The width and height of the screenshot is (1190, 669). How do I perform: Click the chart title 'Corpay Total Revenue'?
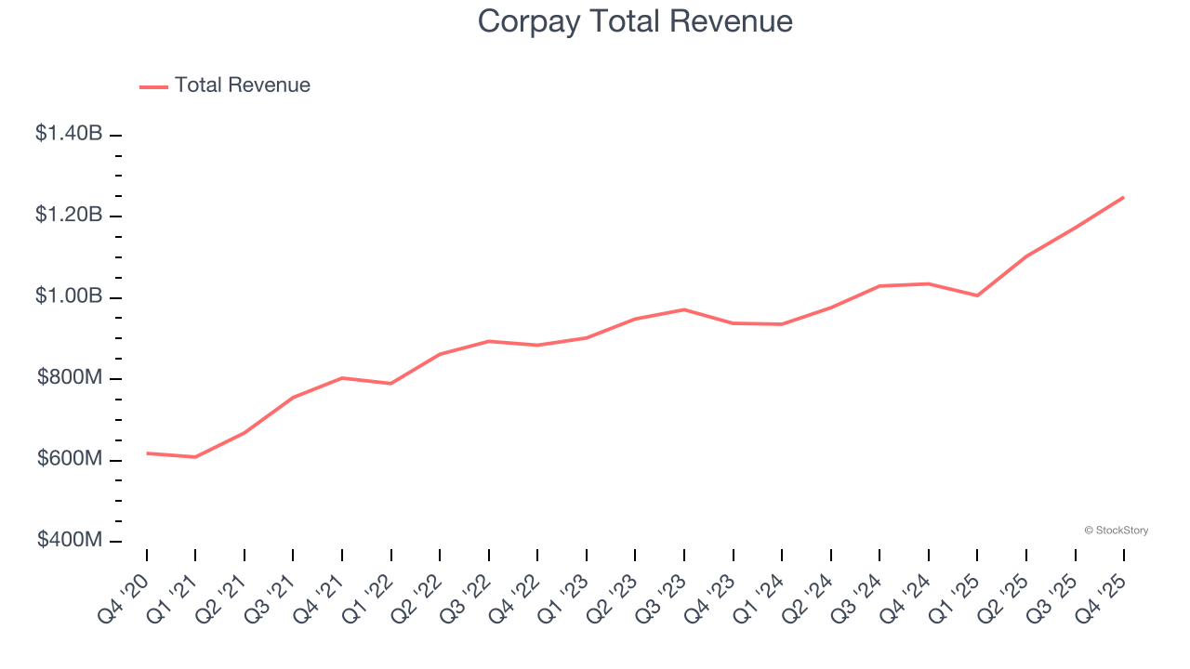point(635,21)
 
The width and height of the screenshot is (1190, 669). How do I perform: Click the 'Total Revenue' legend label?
point(242,85)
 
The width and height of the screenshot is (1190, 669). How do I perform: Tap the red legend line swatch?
point(153,86)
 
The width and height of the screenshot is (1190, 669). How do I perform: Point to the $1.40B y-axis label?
point(69,134)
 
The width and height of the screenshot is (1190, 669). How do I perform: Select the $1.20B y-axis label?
point(69,216)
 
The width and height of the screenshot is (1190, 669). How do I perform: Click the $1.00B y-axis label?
point(69,296)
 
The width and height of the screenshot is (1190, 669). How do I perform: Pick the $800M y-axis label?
point(70,378)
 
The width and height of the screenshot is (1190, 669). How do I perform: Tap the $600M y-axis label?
point(70,459)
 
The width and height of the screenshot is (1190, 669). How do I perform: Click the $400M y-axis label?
point(70,541)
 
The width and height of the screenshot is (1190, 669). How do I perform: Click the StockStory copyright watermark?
point(1116,531)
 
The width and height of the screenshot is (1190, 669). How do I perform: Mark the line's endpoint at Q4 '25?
point(1123,197)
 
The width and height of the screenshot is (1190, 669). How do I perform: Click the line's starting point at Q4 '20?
point(147,453)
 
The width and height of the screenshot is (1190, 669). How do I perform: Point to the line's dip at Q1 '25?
point(977,295)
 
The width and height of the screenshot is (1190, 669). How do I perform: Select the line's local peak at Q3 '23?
point(684,309)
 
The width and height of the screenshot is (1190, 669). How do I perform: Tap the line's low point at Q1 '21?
point(195,457)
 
